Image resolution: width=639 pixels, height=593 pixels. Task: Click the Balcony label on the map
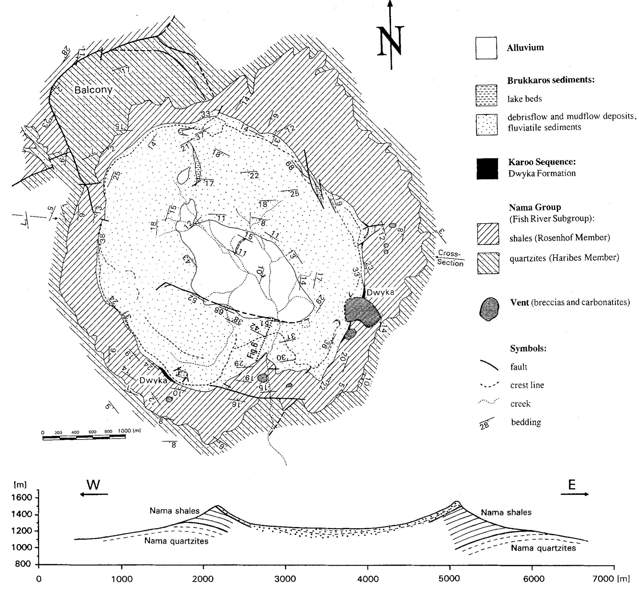[93, 90]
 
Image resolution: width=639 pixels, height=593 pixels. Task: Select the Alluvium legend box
[486, 48]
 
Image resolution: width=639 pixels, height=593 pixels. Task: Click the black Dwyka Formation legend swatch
[487, 168]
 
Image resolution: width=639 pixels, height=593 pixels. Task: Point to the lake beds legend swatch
[486, 95]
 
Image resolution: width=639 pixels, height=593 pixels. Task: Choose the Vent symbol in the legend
[489, 309]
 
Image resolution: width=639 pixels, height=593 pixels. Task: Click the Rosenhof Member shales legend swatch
[488, 234]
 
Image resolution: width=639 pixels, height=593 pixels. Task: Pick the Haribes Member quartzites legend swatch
[488, 263]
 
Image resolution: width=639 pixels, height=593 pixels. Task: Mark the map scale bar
[84, 437]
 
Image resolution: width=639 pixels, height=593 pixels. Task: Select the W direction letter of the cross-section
[94, 485]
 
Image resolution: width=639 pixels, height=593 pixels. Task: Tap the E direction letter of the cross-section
[572, 485]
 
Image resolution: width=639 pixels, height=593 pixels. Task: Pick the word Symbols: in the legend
[528, 349]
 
